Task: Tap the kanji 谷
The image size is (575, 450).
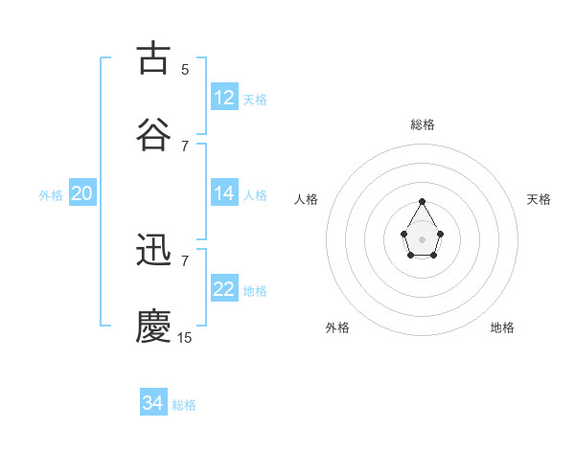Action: pyautogui.click(x=153, y=134)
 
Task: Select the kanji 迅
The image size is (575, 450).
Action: pyautogui.click(x=153, y=250)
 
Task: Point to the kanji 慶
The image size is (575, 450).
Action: pyautogui.click(x=153, y=326)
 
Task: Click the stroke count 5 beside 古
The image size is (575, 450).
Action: pyautogui.click(x=185, y=70)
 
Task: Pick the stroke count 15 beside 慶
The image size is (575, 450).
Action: pyautogui.click(x=185, y=338)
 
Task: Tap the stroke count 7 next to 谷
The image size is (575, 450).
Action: pyautogui.click(x=185, y=146)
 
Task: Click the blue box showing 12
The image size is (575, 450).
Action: pyautogui.click(x=224, y=98)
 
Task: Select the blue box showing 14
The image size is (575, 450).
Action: pyautogui.click(x=224, y=193)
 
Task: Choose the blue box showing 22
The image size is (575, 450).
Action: pyautogui.click(x=224, y=289)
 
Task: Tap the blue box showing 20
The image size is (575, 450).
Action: pyautogui.click(x=81, y=193)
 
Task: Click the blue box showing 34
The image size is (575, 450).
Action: pyautogui.click(x=153, y=403)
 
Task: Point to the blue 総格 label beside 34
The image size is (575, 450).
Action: pyautogui.click(x=184, y=405)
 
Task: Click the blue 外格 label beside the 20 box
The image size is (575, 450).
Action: pyautogui.click(x=51, y=195)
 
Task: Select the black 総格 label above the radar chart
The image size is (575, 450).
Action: pyautogui.click(x=423, y=124)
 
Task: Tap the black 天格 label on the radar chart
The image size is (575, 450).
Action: pyautogui.click(x=539, y=199)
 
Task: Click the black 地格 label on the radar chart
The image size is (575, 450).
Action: pyautogui.click(x=502, y=327)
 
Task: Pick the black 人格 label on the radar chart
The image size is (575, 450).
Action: pyautogui.click(x=307, y=199)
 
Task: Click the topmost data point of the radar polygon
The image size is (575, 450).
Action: pyautogui.click(x=423, y=201)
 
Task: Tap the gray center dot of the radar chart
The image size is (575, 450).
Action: pyautogui.click(x=423, y=237)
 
